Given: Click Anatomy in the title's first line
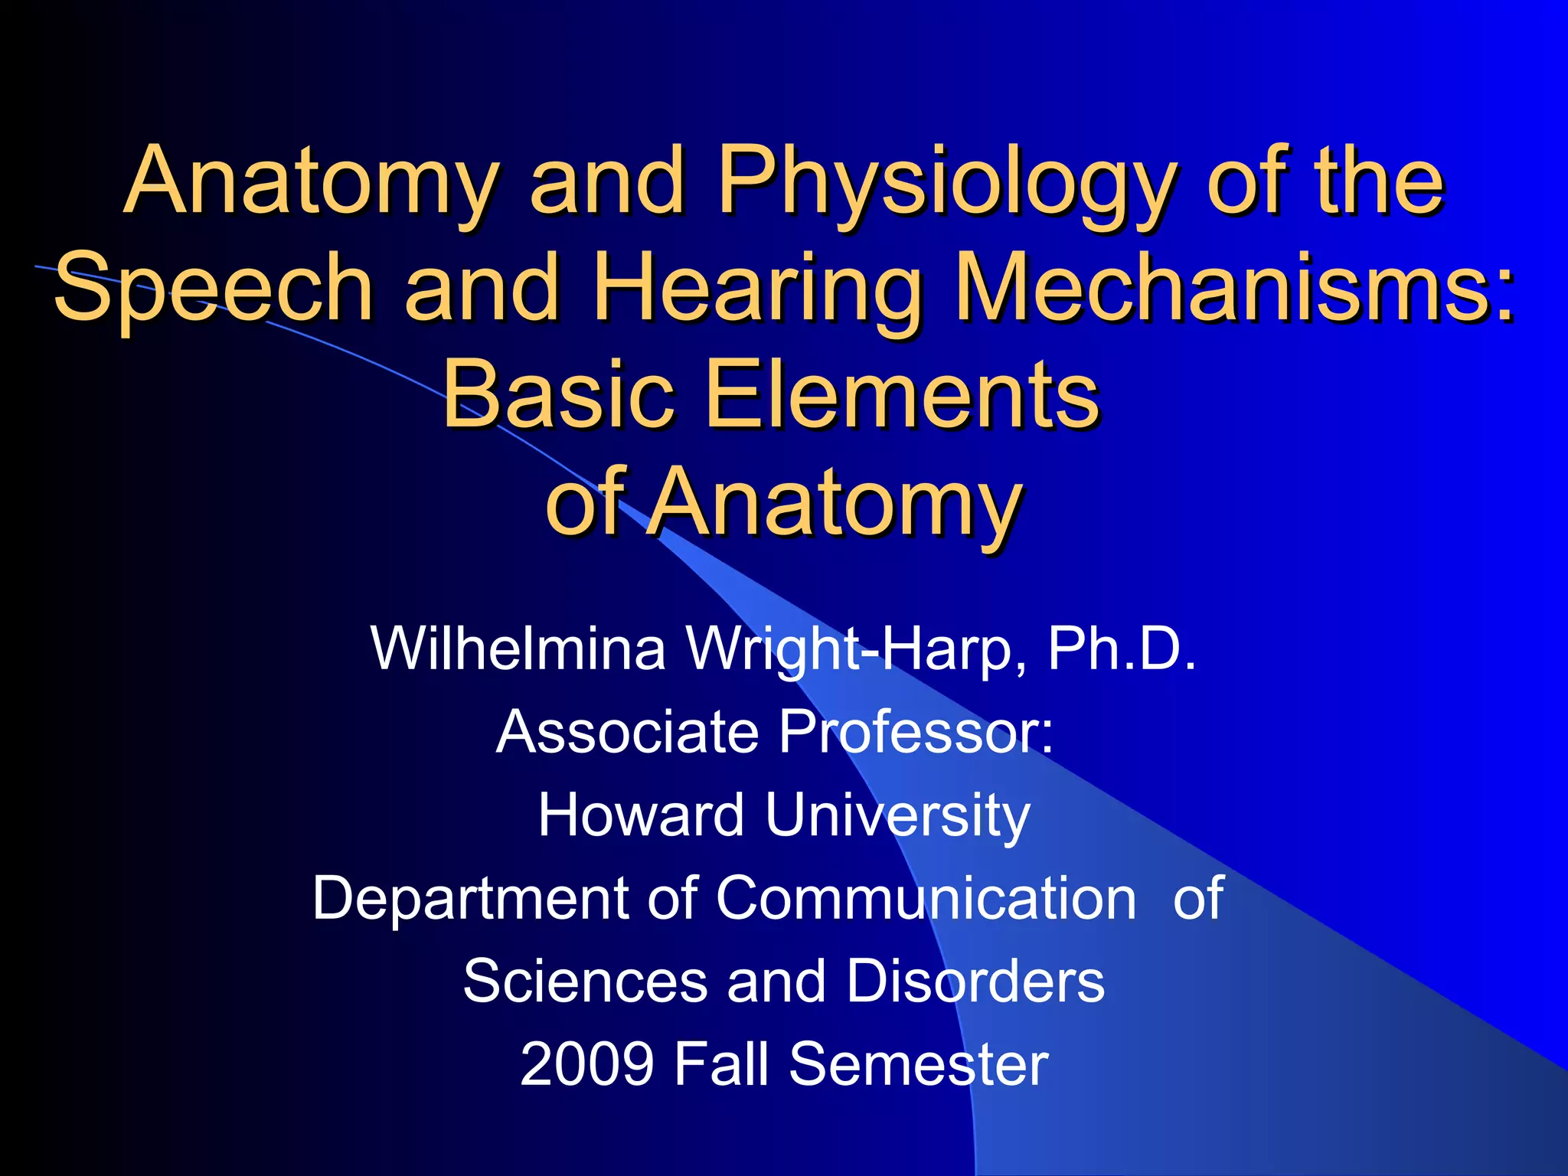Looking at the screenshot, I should [x=310, y=184].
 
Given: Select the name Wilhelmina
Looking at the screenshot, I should [x=518, y=648].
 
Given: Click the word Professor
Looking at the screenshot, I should [x=916, y=732].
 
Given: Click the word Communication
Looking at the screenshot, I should [x=926, y=898].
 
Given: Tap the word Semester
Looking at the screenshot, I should [x=918, y=1063].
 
